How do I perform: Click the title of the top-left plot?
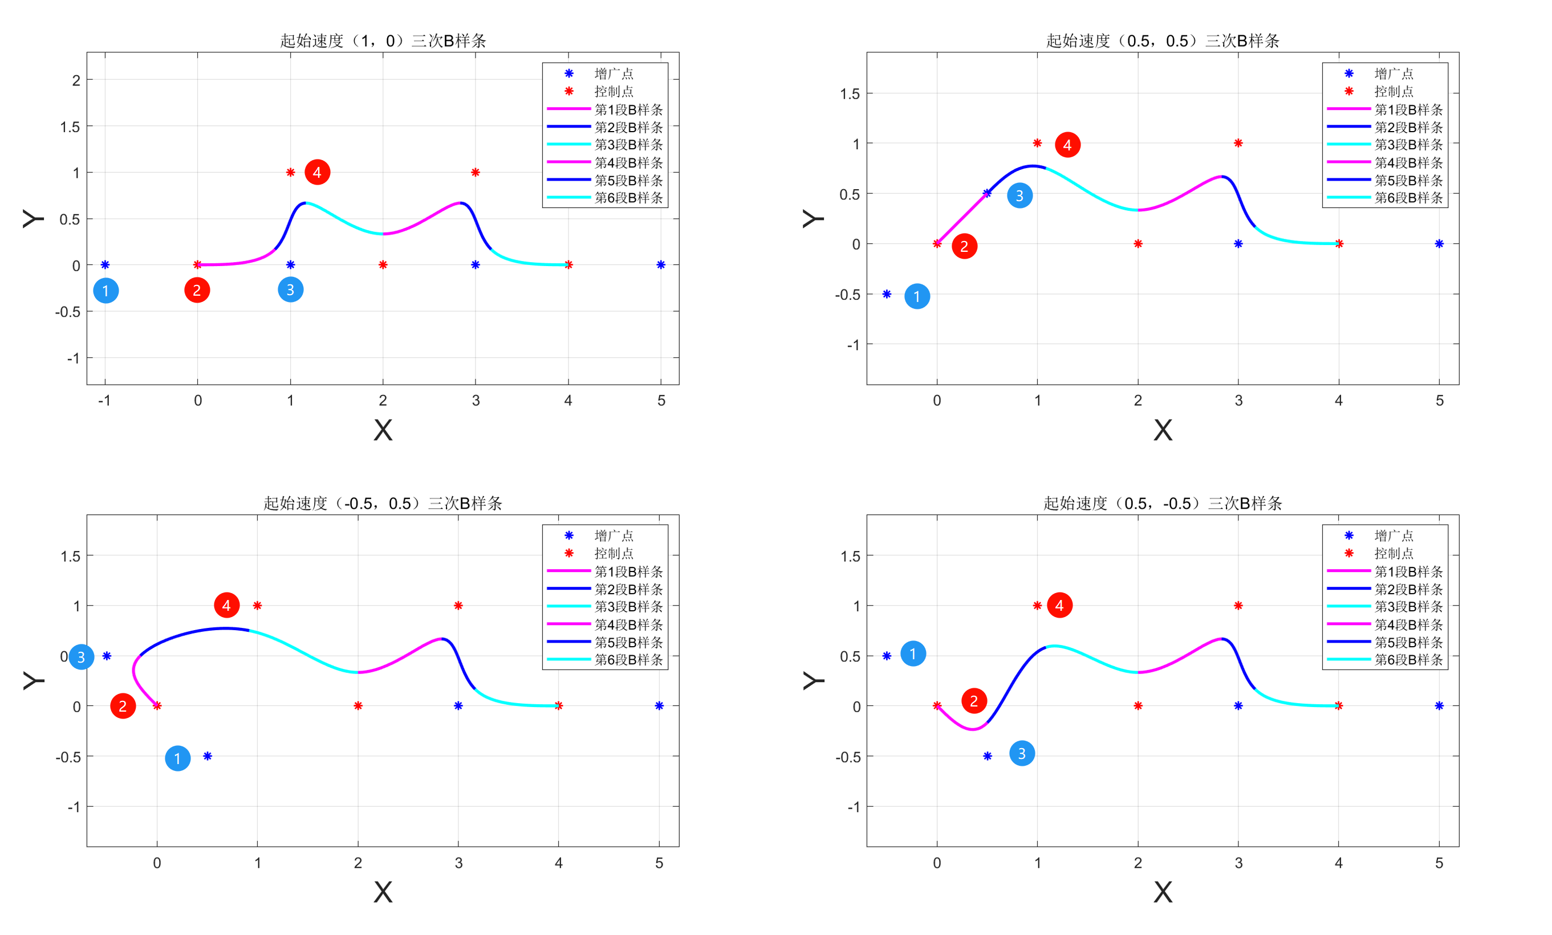pos(383,41)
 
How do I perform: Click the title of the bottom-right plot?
pos(1162,503)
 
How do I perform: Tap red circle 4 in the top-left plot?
pos(317,173)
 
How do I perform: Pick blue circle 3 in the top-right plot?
pos(1019,196)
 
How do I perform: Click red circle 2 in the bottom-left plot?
pos(123,707)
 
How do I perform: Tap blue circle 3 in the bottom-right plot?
pos(1022,754)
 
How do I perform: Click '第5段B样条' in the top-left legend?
pos(628,181)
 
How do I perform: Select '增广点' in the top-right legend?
pos(1393,74)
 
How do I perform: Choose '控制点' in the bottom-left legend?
pos(614,553)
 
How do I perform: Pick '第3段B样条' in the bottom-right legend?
pos(1408,607)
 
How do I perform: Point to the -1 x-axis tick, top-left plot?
pos(104,401)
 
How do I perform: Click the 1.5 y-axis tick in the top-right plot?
pos(850,95)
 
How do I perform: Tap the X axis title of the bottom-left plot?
pos(383,892)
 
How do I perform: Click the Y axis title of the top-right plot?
pos(812,218)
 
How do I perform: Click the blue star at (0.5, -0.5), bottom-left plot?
pos(207,756)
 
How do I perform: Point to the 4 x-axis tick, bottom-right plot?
pos(1339,863)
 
